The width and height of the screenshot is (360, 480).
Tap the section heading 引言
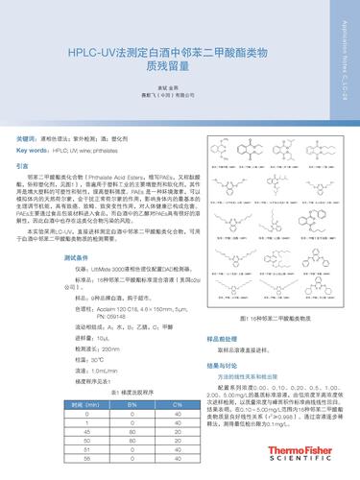[23, 167]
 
